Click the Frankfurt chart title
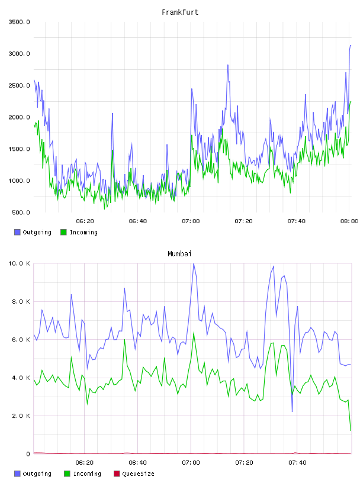coord(180,12)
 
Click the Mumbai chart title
coord(179,254)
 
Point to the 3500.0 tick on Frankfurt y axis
coord(19,22)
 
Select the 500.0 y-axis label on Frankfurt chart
coord(21,212)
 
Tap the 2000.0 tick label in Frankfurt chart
coord(19,117)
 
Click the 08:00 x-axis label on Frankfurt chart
coord(349,221)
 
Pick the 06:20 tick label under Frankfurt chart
coord(85,221)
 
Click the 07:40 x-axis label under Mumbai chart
coord(297,463)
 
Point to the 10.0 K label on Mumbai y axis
coord(19,263)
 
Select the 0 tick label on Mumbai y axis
coord(28,454)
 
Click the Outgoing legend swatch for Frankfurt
coord(17,232)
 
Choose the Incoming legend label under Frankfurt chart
coord(83,232)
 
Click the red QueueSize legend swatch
coord(117,474)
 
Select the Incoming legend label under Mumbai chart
coord(87,474)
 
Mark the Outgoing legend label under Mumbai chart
coord(37,474)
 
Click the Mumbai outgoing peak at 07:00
coord(194,263)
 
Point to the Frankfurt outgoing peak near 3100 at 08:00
coord(351,46)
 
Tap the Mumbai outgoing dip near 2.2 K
coord(292,411)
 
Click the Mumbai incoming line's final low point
coord(351,430)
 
